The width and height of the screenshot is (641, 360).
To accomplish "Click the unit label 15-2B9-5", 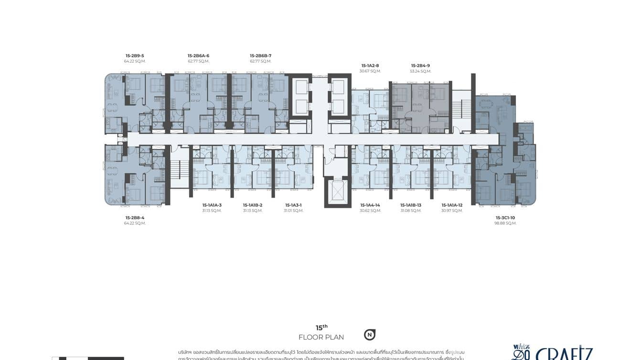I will coord(135,55).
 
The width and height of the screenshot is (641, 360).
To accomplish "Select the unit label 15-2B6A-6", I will coord(198,55).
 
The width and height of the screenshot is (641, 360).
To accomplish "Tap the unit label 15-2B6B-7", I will coord(260,55).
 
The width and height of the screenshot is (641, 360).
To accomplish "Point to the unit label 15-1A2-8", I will coord(370,65).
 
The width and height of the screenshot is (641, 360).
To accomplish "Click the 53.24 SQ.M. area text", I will coord(420,71).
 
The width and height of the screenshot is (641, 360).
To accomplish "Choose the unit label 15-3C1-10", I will coord(505,217).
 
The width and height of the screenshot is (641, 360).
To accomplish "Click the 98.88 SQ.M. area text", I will coord(505,223).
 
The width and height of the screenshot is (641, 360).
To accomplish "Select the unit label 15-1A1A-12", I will coord(452,205).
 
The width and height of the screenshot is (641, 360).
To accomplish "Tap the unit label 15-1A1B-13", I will coord(411,205).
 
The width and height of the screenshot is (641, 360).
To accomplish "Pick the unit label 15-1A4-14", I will coord(370,205).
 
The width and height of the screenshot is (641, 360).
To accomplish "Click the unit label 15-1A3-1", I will coord(293,205).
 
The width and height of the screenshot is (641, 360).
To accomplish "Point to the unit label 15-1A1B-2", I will coord(253,205).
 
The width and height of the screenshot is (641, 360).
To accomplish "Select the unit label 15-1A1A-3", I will coord(212,205).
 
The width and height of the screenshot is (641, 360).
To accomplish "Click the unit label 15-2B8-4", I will coord(135,217).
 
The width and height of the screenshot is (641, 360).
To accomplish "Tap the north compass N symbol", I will coord(369,335).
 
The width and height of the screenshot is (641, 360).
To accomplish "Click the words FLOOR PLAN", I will coord(321,337).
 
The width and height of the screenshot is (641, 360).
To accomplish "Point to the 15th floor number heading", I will coord(321,328).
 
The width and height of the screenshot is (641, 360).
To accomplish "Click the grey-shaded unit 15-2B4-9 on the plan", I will coord(420,107).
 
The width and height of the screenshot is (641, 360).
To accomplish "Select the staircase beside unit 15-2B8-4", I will coord(180,169).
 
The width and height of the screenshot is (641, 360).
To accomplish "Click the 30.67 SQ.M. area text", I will coord(370,71).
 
